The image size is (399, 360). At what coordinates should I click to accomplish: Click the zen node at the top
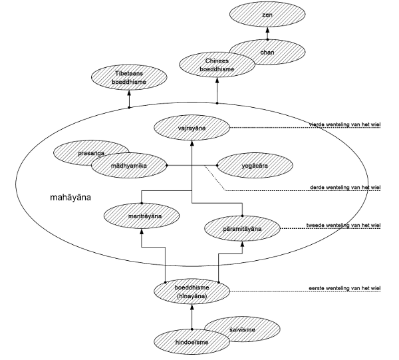[x=267, y=14]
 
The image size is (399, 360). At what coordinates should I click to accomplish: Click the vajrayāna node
[x=192, y=126]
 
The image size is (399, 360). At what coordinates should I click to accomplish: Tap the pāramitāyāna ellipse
[x=242, y=228]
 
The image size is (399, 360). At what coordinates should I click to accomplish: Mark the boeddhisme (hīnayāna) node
[x=191, y=291]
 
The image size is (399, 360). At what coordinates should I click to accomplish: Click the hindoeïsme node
[x=191, y=342]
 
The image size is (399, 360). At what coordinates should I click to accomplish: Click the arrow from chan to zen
[x=267, y=32]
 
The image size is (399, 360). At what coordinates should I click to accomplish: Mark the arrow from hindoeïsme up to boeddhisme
[x=191, y=316]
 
